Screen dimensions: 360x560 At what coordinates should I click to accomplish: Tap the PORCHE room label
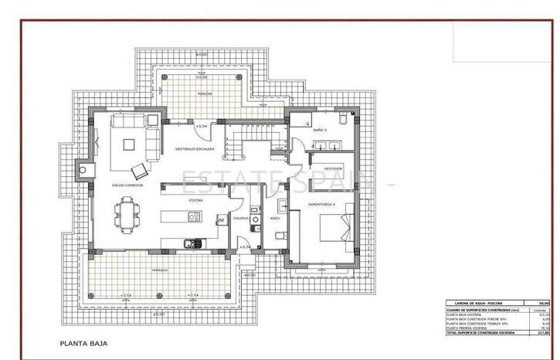(205, 94)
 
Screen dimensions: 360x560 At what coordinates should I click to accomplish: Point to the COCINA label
(195, 200)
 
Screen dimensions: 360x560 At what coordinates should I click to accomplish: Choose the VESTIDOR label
(333, 168)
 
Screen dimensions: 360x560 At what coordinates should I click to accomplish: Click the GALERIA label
(241, 218)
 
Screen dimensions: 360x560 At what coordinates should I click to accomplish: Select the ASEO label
(274, 218)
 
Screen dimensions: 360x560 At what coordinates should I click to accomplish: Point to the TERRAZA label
(159, 271)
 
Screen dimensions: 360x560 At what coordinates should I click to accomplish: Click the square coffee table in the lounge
(128, 143)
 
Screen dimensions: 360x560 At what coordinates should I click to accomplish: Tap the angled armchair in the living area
(140, 170)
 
